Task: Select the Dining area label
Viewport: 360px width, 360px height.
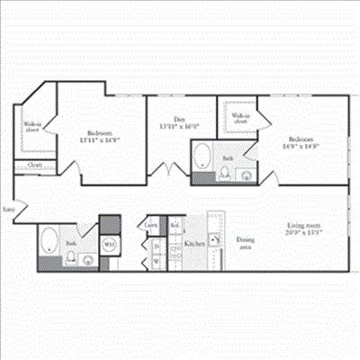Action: (244, 243)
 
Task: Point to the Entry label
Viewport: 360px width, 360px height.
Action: (8, 208)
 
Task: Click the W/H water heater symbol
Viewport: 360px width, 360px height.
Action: (109, 243)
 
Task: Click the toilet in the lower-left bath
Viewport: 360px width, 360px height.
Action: (70, 259)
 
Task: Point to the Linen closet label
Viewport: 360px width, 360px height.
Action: (152, 224)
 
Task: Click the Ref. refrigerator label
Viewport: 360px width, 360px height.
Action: (174, 224)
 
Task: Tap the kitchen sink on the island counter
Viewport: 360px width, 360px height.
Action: (214, 238)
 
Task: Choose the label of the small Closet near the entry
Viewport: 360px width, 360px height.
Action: (34, 166)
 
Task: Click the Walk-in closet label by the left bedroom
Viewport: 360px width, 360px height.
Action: (31, 127)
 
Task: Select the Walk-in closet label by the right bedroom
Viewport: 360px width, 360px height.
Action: (240, 118)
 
